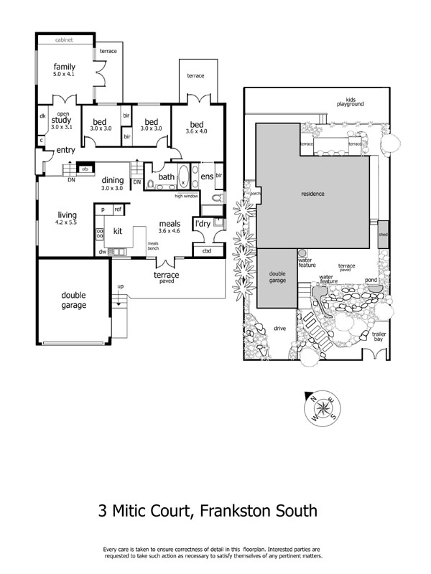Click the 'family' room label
point(64,67)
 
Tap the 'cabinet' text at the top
point(65,40)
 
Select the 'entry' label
point(65,150)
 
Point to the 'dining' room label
point(112,180)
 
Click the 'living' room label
point(68,214)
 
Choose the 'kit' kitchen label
point(119,231)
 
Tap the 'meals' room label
point(170,224)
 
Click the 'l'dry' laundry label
point(203,224)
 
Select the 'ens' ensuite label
point(206,176)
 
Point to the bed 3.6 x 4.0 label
point(196,126)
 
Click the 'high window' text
point(187,195)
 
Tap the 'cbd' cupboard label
point(207,251)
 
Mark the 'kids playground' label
point(351,101)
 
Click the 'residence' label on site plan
point(312,194)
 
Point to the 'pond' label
point(371,280)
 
